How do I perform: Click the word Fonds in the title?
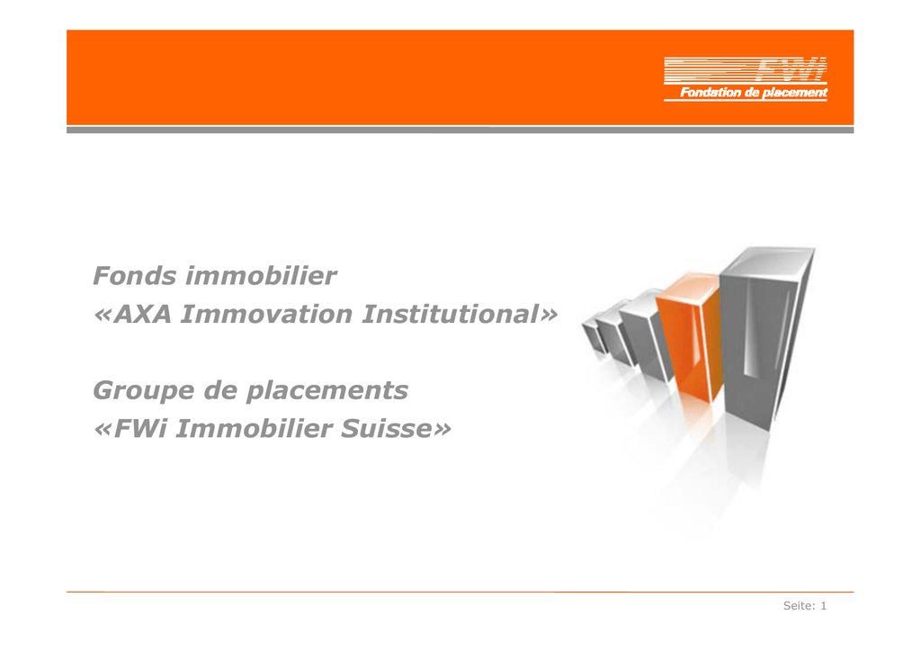click(135, 275)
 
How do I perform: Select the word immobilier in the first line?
click(261, 275)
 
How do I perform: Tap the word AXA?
click(143, 314)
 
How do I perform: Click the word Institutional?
click(451, 314)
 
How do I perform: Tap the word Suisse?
click(387, 429)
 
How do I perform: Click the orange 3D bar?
click(689, 336)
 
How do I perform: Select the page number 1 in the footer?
click(824, 606)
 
